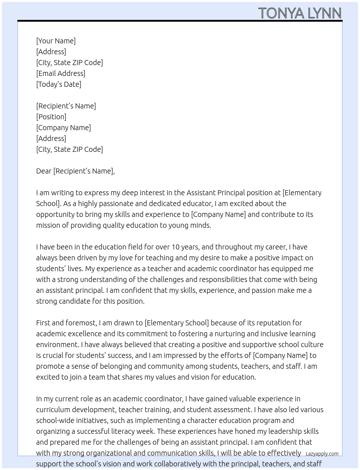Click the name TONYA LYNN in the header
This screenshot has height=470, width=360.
click(x=300, y=13)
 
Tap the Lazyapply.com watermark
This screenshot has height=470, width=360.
click(x=322, y=454)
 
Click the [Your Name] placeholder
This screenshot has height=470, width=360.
click(x=56, y=41)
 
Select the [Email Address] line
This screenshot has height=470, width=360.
click(x=60, y=73)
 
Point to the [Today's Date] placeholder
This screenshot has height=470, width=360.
click(x=59, y=84)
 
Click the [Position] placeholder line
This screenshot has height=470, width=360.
click(x=51, y=117)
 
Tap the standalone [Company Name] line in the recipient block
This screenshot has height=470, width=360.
click(x=63, y=128)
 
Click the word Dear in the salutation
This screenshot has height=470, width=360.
click(x=44, y=171)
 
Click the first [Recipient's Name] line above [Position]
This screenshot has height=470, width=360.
click(x=66, y=106)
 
